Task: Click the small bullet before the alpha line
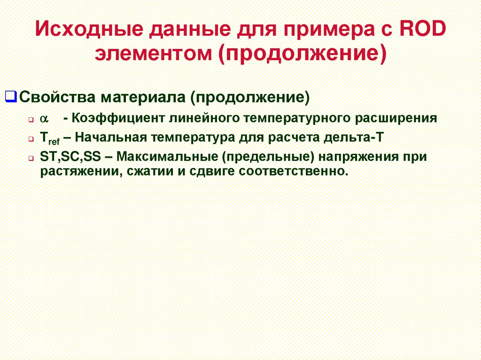[x=31, y=120]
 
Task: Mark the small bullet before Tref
[x=31, y=139]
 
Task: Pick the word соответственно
[x=294, y=170]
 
